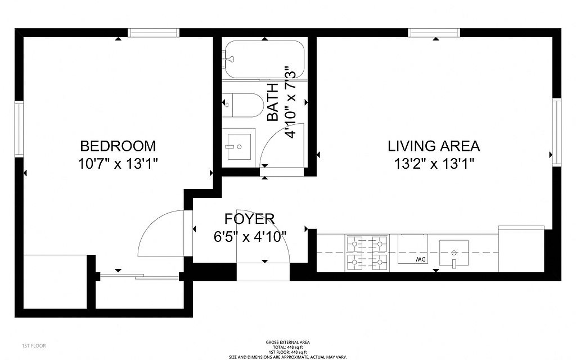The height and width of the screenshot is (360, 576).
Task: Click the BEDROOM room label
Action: tap(118, 146)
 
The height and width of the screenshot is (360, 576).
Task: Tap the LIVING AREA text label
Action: tap(434, 146)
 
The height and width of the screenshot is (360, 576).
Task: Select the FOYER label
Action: tap(249, 219)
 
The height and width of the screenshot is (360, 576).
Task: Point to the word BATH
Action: tap(273, 102)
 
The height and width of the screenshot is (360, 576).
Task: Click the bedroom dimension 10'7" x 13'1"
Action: tap(118, 164)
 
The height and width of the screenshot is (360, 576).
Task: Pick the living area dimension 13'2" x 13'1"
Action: tap(434, 164)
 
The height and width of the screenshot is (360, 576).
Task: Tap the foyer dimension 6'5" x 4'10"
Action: tap(250, 237)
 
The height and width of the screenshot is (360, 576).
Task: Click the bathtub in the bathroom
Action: tap(263, 59)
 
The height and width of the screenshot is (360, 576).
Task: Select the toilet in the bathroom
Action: tap(242, 105)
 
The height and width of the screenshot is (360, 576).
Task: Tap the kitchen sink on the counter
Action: tap(454, 253)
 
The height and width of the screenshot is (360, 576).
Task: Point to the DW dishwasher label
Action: tap(421, 260)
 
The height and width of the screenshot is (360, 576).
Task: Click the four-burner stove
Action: tap(367, 253)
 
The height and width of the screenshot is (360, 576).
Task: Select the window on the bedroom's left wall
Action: tap(19, 129)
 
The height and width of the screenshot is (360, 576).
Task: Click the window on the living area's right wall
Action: tap(557, 132)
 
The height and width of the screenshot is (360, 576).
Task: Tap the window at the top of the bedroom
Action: tap(154, 33)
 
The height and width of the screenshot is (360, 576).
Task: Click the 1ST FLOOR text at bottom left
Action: tap(34, 346)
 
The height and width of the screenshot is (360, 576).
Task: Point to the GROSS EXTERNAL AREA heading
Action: tap(287, 342)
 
